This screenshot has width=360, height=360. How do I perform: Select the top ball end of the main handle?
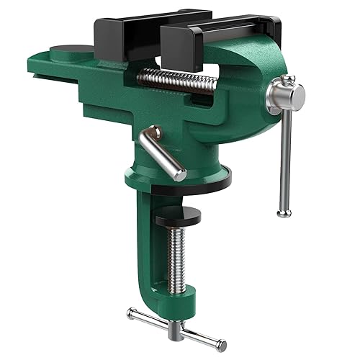point(288,78)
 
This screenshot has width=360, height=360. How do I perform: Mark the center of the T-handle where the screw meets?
point(176,328)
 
